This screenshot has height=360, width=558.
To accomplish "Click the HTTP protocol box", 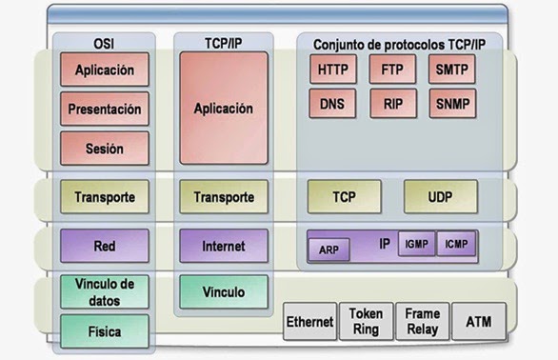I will coord(332,70).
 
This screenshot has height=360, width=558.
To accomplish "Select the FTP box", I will coord(391,70).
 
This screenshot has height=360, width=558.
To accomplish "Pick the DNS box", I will coord(332,102).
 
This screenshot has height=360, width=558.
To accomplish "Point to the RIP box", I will coord(391,102).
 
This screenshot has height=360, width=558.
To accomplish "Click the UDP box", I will coord(440,197).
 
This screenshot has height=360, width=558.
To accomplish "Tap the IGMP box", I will coord(416,245).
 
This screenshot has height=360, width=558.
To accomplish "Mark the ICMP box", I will coord(457,245).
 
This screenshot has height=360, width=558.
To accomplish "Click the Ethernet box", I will coord(310,322).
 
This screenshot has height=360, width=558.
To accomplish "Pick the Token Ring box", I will coord(367,321).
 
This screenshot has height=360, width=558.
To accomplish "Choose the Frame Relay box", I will coord(422,321).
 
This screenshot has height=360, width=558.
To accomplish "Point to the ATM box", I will coord(479,322).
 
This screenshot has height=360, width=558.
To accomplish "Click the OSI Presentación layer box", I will coord(104,109).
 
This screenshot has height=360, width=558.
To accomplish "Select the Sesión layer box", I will coord(104,149).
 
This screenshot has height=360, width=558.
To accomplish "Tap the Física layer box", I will coord(104,331).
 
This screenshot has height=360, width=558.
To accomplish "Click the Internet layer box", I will coord(224,246).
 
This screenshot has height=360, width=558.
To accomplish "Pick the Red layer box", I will coord(104,246).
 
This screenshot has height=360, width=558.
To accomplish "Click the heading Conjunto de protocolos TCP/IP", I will coord(393,43).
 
